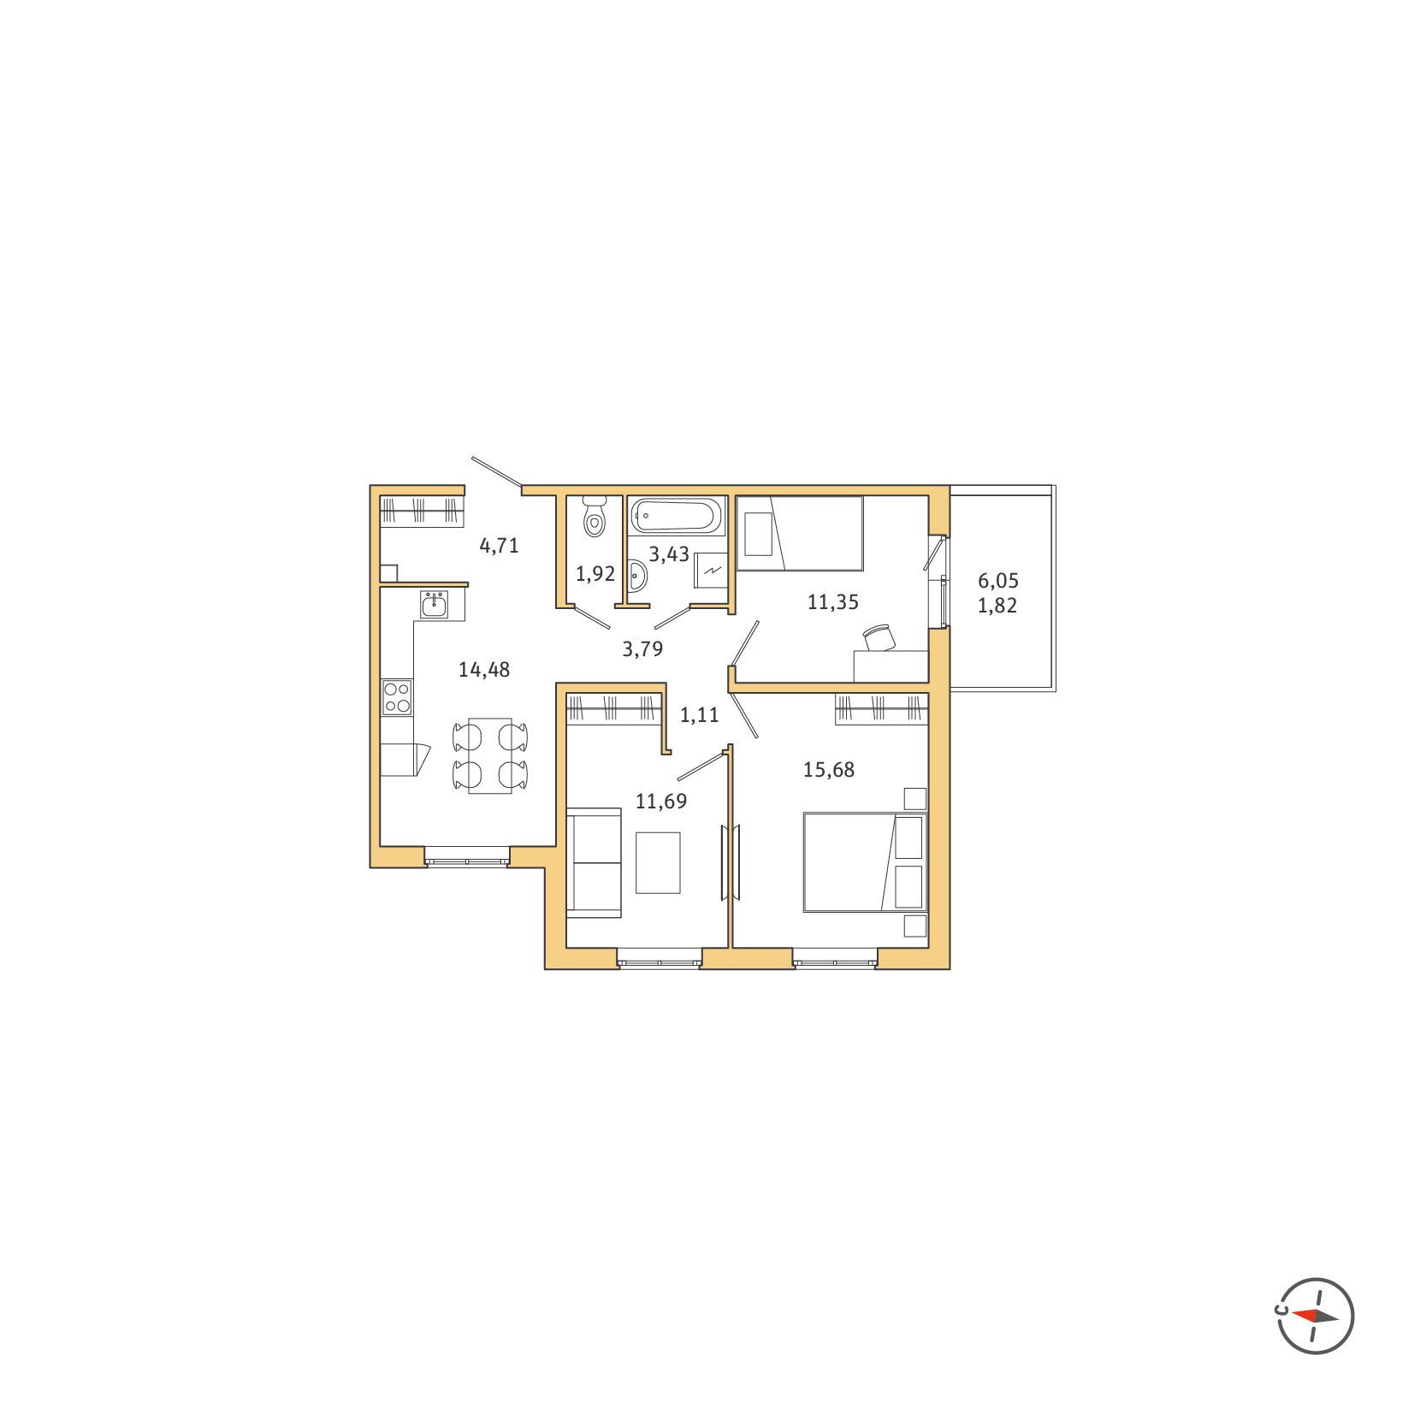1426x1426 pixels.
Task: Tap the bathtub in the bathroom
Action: tap(676, 516)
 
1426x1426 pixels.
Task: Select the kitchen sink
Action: tap(434, 604)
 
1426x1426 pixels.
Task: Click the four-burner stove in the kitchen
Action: tap(397, 696)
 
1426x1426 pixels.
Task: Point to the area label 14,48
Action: tap(484, 670)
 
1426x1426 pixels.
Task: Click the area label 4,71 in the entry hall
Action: tap(500, 546)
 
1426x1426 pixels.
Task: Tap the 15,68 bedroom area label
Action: tap(829, 770)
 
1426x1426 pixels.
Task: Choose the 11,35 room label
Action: tap(833, 602)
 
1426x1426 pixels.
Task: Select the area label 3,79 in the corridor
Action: tap(642, 649)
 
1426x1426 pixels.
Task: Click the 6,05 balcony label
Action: tap(998, 581)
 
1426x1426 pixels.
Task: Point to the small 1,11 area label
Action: tap(700, 715)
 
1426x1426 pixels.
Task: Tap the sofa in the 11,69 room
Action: tap(594, 861)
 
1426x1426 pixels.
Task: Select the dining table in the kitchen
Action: tap(490, 756)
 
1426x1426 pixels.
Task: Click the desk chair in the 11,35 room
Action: tap(879, 637)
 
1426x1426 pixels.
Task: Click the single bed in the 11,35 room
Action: tap(800, 533)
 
